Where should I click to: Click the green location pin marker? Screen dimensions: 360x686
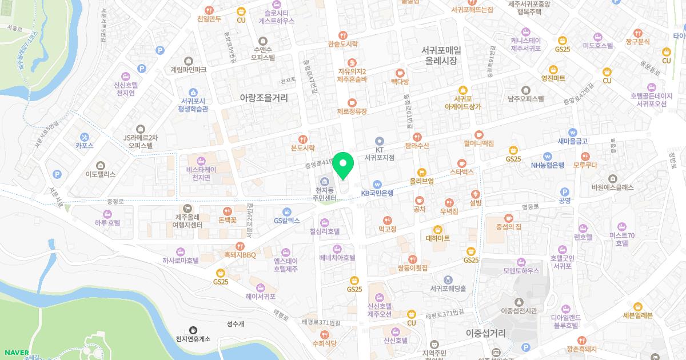click(x=343, y=166)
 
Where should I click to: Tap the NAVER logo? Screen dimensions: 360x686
click(x=15, y=352)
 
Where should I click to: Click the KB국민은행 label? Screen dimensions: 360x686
click(x=377, y=193)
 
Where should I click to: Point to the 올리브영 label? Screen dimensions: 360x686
click(x=422, y=181)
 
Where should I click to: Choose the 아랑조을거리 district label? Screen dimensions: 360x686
click(x=264, y=98)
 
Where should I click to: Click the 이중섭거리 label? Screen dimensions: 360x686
click(x=486, y=333)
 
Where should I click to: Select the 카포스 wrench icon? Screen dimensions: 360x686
click(x=84, y=137)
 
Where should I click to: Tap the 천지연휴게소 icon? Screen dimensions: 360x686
click(x=193, y=330)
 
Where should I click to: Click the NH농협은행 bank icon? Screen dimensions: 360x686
click(x=548, y=155)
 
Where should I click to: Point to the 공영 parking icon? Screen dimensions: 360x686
click(x=565, y=192)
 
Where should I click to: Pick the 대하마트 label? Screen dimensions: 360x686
click(x=438, y=238)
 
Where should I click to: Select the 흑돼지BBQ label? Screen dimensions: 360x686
click(x=240, y=255)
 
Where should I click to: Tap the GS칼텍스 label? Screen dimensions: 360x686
click(x=286, y=220)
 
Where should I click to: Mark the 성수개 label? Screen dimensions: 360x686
click(x=235, y=324)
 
